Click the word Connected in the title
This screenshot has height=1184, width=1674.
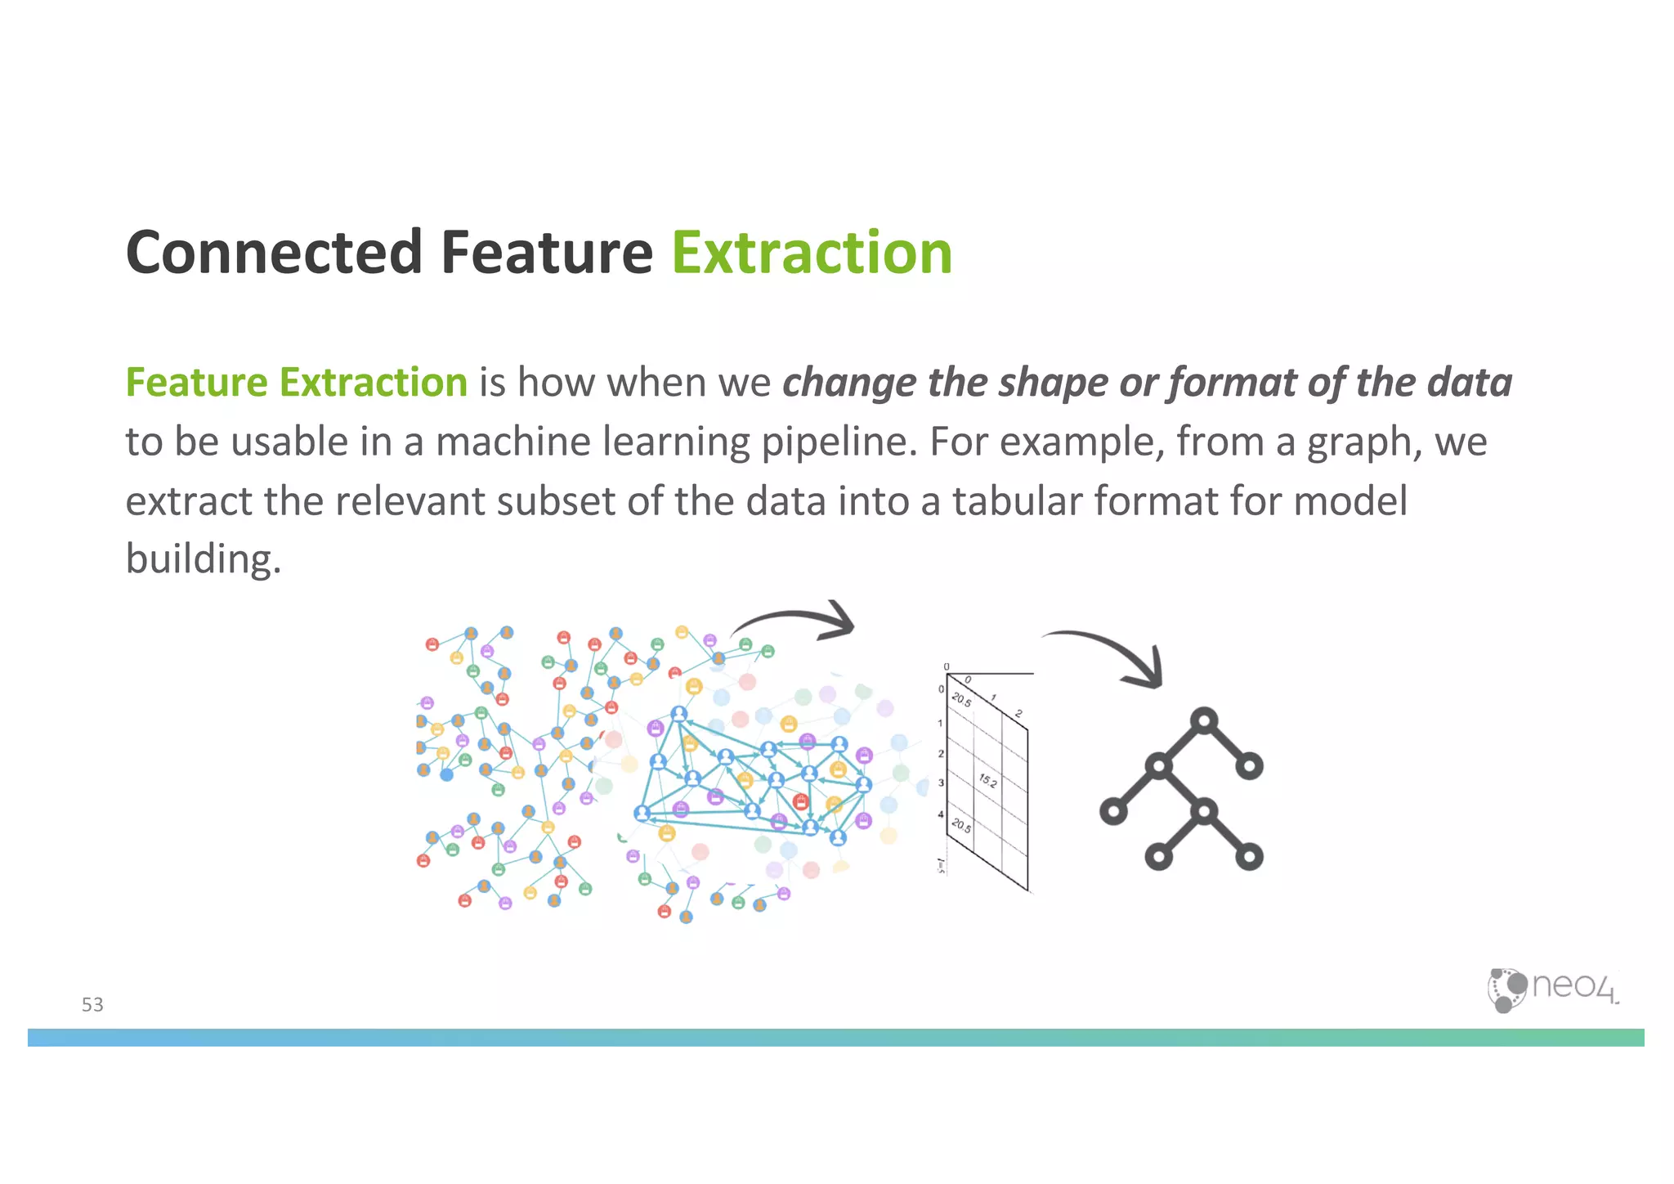(274, 253)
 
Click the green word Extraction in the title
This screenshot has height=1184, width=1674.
(812, 253)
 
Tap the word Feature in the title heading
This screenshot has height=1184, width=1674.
(547, 253)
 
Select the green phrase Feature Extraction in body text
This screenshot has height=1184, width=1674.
(296, 383)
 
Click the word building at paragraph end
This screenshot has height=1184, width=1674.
(203, 559)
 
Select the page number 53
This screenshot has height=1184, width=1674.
(92, 1005)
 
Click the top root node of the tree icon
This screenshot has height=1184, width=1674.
(1204, 721)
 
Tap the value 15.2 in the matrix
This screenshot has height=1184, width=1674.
(987, 781)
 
